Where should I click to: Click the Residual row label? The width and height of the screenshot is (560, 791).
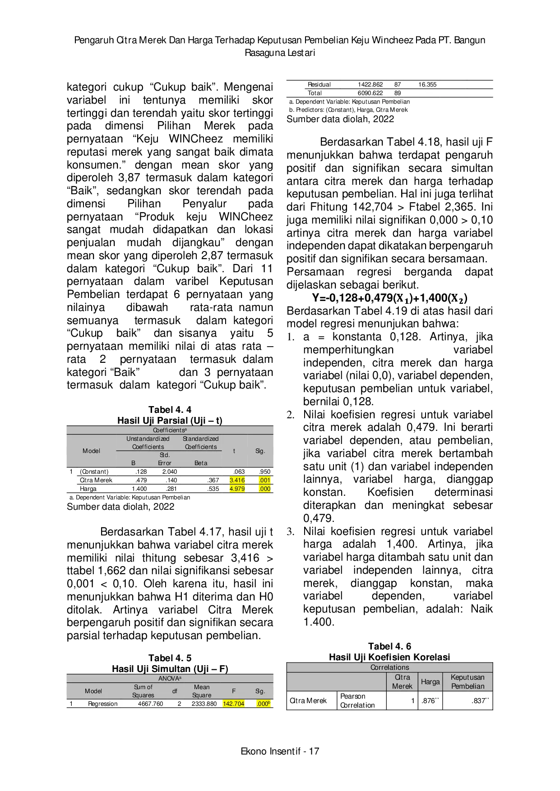pyautogui.click(x=319, y=84)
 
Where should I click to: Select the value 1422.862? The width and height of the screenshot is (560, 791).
pyautogui.click(x=370, y=84)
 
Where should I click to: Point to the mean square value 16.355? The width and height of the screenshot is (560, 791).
pyautogui.click(x=427, y=84)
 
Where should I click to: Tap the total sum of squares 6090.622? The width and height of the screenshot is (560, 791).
pyautogui.click(x=370, y=93)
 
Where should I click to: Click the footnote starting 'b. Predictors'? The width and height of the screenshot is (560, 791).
pyautogui.click(x=348, y=110)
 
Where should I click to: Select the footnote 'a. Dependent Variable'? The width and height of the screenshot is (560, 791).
pyautogui.click(x=349, y=101)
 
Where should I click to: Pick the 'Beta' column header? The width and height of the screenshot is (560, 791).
pyautogui.click(x=201, y=463)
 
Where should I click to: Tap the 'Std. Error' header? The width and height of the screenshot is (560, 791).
pyautogui.click(x=165, y=459)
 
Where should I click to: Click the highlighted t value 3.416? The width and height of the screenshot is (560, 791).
pyautogui.click(x=237, y=480)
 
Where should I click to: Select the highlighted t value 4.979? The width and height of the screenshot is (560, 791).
pyautogui.click(x=237, y=489)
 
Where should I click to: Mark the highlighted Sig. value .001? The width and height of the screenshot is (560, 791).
pyautogui.click(x=264, y=480)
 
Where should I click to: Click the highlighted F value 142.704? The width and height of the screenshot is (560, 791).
pyautogui.click(x=233, y=704)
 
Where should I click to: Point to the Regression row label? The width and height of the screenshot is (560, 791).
pyautogui.click(x=102, y=704)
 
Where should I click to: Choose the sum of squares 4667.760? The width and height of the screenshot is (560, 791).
pyautogui.click(x=150, y=704)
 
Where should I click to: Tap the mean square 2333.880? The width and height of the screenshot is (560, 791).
pyautogui.click(x=204, y=704)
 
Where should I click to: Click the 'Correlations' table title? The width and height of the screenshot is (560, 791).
pyautogui.click(x=389, y=667)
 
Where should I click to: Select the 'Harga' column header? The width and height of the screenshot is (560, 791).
pyautogui.click(x=430, y=681)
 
